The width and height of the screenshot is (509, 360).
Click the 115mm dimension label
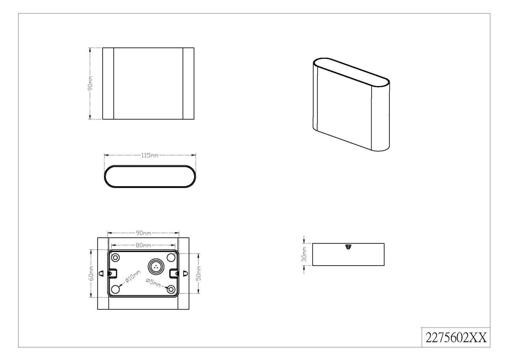[x=150, y=155]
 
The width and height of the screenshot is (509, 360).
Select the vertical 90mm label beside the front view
[x=90, y=83]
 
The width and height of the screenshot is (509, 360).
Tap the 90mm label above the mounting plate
[x=143, y=233]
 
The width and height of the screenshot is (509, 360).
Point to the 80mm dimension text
[x=143, y=245]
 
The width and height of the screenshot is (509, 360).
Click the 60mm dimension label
[x=92, y=273]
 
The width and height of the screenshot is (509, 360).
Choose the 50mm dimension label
[x=198, y=273]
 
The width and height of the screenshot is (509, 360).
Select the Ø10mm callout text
[x=133, y=276]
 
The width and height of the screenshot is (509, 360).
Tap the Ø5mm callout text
[x=153, y=283]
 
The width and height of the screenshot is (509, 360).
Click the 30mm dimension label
[x=304, y=254]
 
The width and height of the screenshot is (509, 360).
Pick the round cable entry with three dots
[x=156, y=267]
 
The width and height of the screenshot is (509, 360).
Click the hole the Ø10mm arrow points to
[x=116, y=289]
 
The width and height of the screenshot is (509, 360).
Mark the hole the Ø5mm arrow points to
[x=171, y=289]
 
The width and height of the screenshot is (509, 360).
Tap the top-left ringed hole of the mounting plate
[x=116, y=258]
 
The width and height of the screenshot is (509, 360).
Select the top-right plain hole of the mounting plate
[x=171, y=258]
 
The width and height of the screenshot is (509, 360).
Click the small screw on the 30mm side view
[x=348, y=246]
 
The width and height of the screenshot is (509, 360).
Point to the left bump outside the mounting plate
[x=101, y=273]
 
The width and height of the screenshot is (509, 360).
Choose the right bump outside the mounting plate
[x=185, y=273]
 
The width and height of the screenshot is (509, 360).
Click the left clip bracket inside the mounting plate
[x=112, y=273]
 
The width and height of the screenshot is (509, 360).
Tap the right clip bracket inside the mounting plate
[x=174, y=273]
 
